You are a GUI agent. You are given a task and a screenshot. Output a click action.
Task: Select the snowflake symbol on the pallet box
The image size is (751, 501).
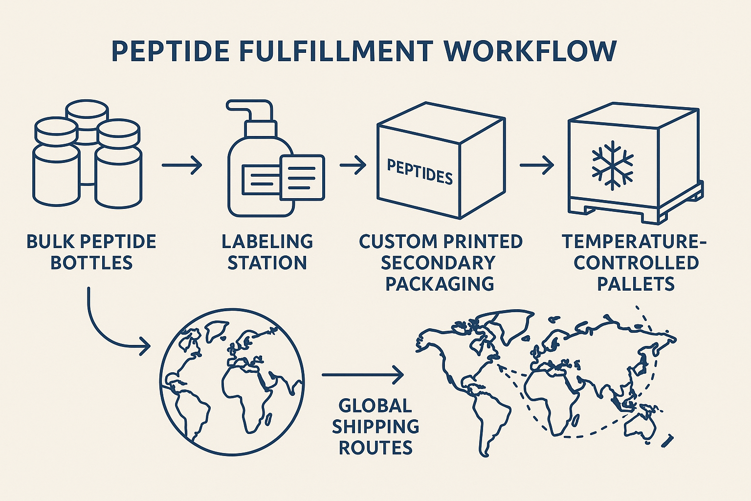click(612, 165)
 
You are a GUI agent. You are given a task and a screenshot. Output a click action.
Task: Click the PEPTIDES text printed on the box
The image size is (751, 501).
click(420, 171)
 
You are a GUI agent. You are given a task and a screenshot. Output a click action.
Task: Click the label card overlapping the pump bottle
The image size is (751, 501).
click(302, 177)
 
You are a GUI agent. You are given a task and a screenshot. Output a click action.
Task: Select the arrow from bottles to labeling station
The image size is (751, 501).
click(182, 165)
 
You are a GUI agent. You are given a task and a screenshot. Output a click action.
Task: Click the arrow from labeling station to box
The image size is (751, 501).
click(353, 165)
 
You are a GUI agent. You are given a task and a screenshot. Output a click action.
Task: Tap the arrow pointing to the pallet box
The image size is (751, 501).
click(536, 165)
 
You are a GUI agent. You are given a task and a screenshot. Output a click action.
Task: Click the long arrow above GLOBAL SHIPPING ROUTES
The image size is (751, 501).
click(363, 375)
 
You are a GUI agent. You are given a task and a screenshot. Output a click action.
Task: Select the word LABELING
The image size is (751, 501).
click(267, 242)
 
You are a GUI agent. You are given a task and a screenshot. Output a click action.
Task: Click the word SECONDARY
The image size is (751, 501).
click(438, 263)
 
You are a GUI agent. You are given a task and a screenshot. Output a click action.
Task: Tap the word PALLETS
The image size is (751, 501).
click(636, 284)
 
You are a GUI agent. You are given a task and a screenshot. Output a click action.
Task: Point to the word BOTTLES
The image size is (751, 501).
click(91, 263)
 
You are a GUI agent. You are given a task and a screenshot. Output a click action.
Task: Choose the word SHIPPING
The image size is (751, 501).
click(375, 427)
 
